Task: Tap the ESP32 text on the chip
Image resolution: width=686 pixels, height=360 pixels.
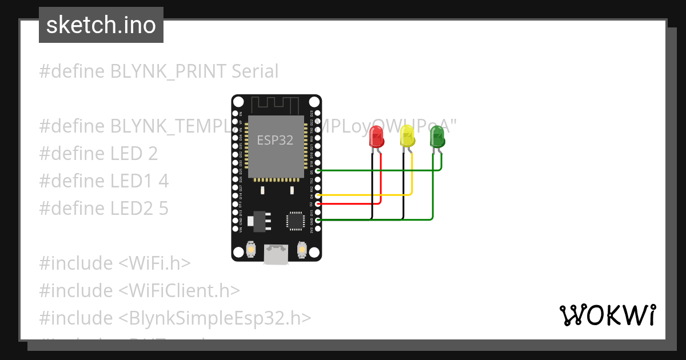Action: click(275, 140)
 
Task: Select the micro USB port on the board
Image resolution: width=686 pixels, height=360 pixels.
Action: click(276, 254)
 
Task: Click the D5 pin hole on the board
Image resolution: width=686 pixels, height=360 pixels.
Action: click(318, 171)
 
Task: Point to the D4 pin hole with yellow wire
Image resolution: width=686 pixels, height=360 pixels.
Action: click(318, 195)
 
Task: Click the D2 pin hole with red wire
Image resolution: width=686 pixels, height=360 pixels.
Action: click(318, 203)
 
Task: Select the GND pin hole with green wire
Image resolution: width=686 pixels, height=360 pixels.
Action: click(318, 220)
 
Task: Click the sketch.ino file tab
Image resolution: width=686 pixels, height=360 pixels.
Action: click(101, 25)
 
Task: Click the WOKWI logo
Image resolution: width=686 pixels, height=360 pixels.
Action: click(607, 315)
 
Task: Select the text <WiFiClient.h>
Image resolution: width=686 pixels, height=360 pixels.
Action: click(179, 290)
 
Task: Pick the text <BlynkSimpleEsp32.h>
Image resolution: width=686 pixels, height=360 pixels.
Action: click(215, 318)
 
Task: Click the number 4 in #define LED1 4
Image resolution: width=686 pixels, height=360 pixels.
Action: click(163, 181)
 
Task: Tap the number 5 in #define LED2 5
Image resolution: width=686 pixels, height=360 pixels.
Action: click(163, 209)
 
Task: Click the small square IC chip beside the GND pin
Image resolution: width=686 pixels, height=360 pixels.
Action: click(296, 221)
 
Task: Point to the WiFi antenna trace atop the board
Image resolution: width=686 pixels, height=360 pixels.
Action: click(276, 105)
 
